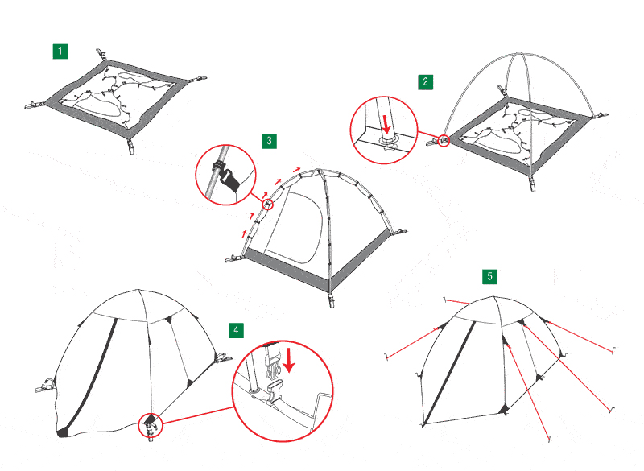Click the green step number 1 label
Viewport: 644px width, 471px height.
click(x=60, y=52)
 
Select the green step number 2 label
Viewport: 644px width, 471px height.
click(x=426, y=81)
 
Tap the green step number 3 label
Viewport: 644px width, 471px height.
click(x=269, y=141)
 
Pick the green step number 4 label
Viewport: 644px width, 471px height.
click(x=236, y=330)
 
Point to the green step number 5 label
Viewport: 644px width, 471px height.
click(x=489, y=276)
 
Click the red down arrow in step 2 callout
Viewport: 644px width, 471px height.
click(x=386, y=124)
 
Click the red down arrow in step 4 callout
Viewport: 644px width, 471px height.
click(x=289, y=360)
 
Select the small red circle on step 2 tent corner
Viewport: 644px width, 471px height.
click(x=444, y=141)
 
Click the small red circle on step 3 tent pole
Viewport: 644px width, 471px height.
click(x=268, y=204)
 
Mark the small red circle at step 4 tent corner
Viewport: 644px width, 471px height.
click(x=151, y=425)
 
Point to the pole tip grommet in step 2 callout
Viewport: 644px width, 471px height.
click(x=390, y=142)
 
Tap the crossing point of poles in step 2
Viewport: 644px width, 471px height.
click(x=519, y=53)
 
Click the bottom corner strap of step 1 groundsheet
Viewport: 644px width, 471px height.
click(x=130, y=146)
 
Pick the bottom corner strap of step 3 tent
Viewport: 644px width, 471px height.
click(x=331, y=300)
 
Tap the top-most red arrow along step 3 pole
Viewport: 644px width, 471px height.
click(x=296, y=169)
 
